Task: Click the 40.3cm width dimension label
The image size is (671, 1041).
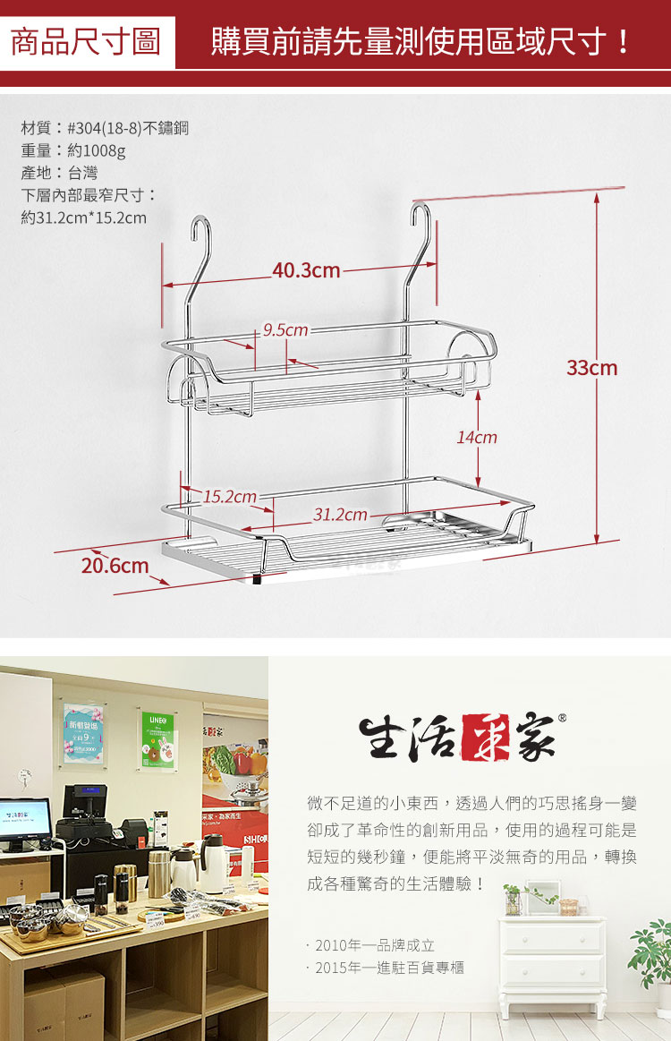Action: (x=306, y=269)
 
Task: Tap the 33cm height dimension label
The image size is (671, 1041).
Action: (x=591, y=367)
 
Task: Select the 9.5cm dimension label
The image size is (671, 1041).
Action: (x=285, y=330)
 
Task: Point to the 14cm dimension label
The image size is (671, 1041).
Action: (x=477, y=438)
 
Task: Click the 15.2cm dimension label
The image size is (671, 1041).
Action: (x=230, y=496)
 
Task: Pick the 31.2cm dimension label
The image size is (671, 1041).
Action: (x=340, y=515)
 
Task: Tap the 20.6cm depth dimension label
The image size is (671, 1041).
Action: (x=115, y=566)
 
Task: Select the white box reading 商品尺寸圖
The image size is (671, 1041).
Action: (x=85, y=42)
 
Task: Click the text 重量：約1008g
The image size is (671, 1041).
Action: (x=73, y=150)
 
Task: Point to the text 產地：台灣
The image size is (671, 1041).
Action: (x=59, y=173)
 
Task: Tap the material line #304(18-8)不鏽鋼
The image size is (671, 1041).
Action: (x=105, y=128)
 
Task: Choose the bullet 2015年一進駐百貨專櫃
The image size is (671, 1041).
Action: (x=386, y=968)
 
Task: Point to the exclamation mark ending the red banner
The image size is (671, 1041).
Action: (x=624, y=42)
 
